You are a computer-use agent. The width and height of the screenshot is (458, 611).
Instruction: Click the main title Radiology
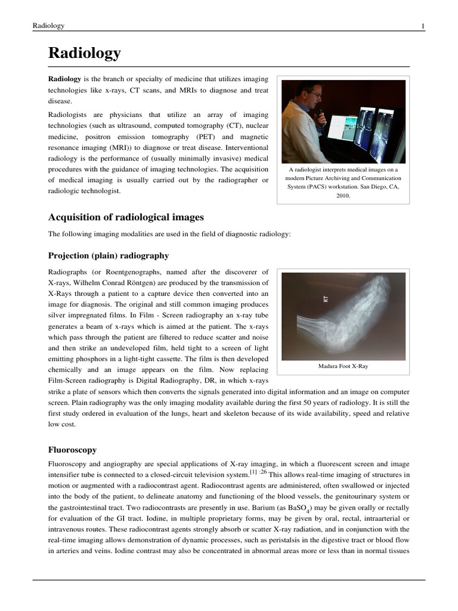click(x=84, y=54)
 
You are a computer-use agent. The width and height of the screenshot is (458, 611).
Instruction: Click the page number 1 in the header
click(x=423, y=26)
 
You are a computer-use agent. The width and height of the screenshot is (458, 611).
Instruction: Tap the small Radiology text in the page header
click(x=48, y=26)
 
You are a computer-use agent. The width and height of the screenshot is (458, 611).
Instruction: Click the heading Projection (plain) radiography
click(x=108, y=255)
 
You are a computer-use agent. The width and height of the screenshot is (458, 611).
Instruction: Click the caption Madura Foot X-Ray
click(x=343, y=366)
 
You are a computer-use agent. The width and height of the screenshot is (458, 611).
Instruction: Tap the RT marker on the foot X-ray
click(x=326, y=298)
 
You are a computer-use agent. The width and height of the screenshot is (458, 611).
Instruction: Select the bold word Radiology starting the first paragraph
click(x=64, y=79)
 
